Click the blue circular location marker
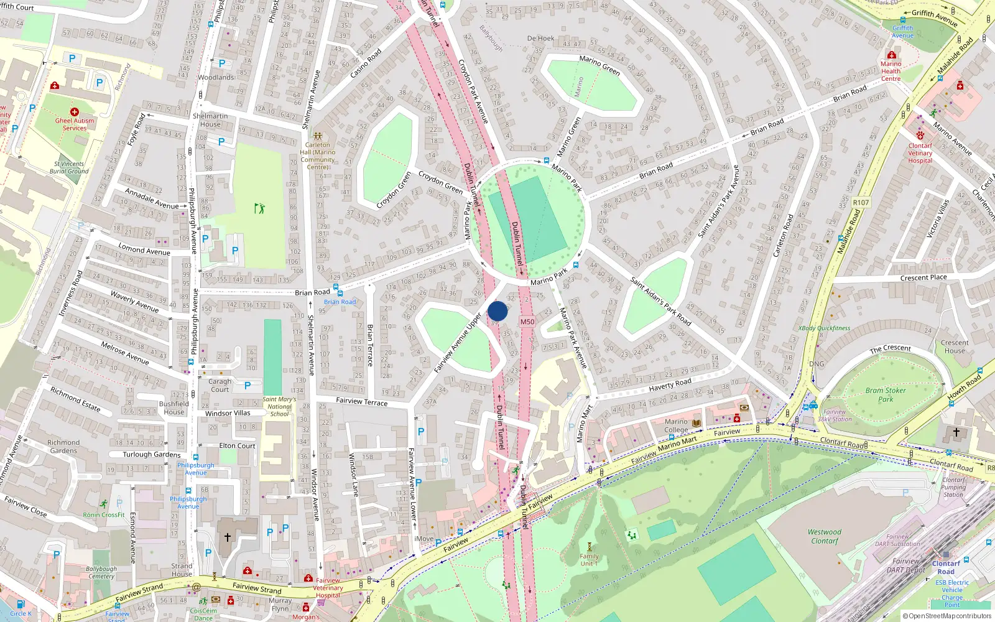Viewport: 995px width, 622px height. point(497,311)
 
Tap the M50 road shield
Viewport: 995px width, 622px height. point(527,322)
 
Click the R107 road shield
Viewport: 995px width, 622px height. point(861,203)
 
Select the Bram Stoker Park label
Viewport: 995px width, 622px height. point(886,395)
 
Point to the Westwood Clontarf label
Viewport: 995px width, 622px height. point(825,536)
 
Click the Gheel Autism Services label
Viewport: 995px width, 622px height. point(75,124)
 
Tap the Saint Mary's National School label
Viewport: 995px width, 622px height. point(279,407)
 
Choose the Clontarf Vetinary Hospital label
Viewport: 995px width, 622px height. point(920,153)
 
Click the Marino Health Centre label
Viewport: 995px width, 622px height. point(891,71)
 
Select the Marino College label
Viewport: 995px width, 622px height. point(676,425)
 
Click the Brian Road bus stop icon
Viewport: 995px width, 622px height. point(336,289)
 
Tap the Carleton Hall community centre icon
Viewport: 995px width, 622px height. point(317,136)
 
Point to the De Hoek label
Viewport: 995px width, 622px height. point(540,39)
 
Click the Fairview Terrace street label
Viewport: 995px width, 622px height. point(361,402)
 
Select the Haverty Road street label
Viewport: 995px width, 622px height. point(670,386)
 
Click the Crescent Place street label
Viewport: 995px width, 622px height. point(923,277)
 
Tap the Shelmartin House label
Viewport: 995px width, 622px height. point(210,120)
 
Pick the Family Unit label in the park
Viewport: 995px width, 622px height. point(589,560)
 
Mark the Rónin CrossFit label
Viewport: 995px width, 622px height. point(104,514)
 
